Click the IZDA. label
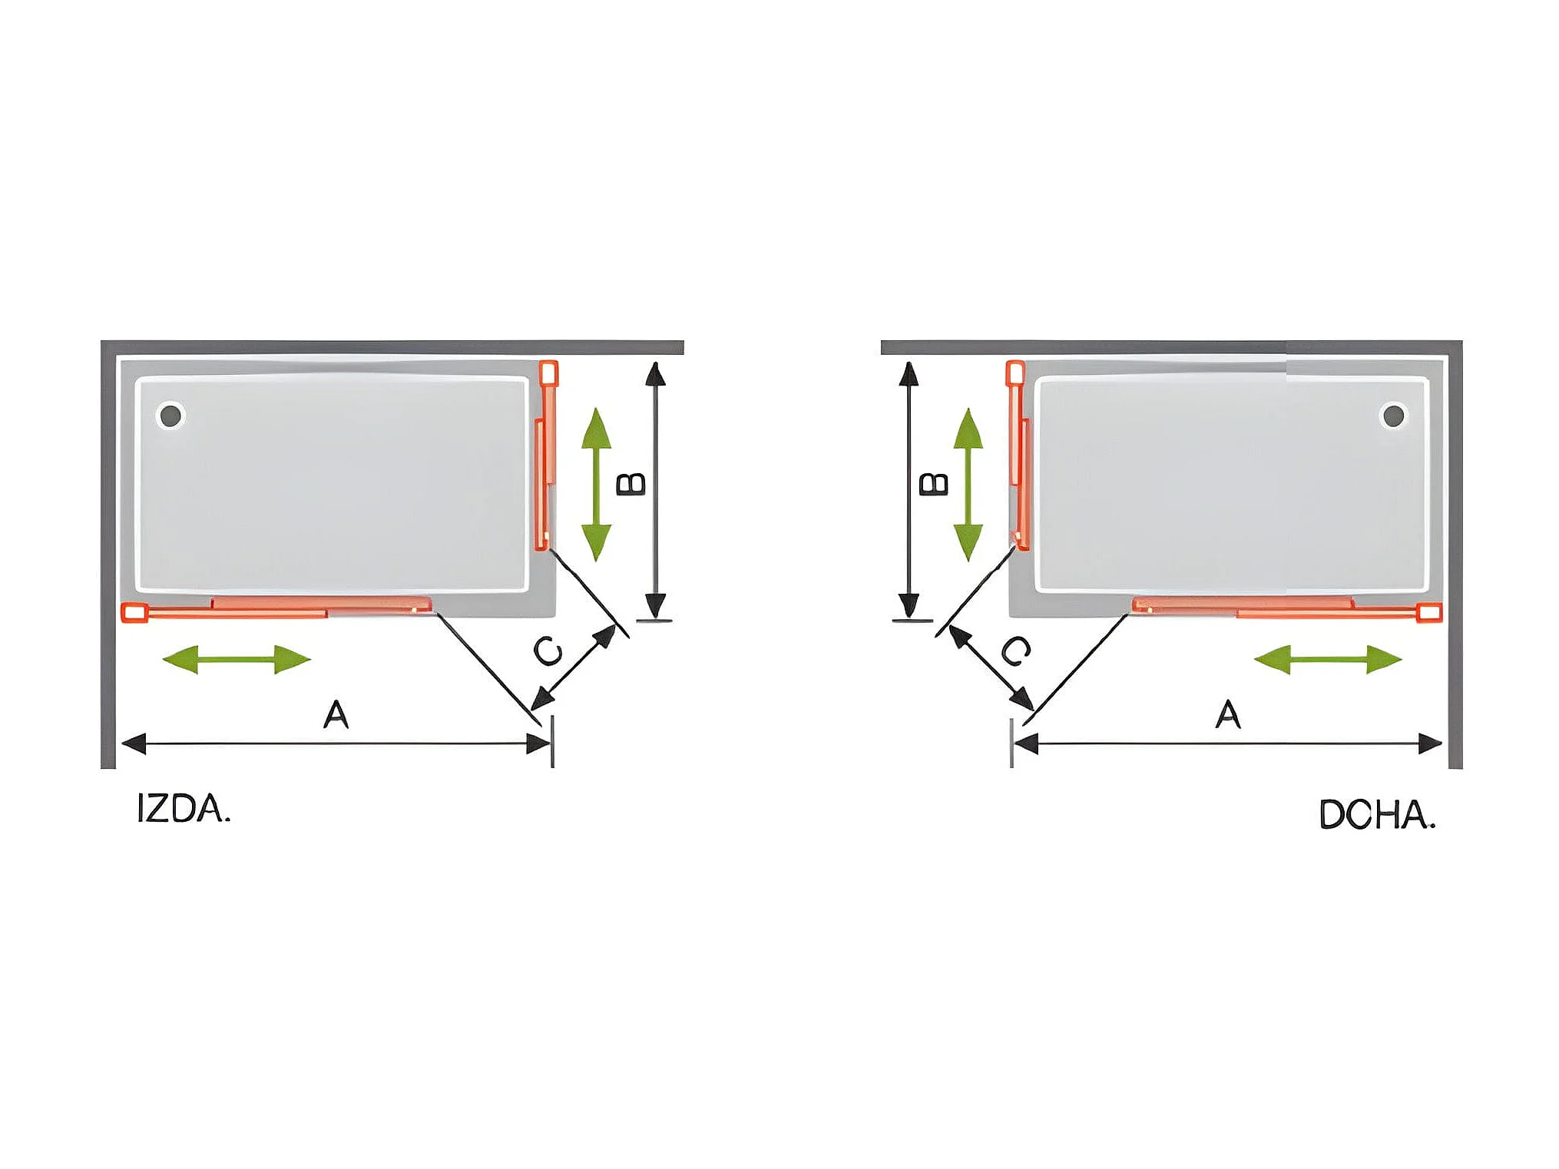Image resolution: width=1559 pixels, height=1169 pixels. click(x=184, y=809)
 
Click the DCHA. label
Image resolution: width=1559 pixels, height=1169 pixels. click(x=1376, y=815)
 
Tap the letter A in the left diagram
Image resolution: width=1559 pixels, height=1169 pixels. click(x=336, y=714)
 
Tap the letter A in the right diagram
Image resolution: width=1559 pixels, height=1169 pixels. click(x=1228, y=714)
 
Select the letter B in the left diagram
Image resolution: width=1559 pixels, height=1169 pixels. click(x=631, y=484)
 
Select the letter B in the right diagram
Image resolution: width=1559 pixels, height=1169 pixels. click(x=934, y=484)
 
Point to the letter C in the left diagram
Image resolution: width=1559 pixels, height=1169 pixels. click(x=548, y=651)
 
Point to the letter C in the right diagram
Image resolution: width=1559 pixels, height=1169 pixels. click(x=1015, y=651)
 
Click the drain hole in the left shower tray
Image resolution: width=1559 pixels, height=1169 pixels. click(x=170, y=416)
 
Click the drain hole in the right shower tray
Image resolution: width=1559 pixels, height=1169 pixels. click(x=1393, y=416)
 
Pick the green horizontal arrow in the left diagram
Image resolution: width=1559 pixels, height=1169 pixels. click(x=237, y=659)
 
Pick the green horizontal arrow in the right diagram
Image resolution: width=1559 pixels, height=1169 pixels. click(x=1328, y=659)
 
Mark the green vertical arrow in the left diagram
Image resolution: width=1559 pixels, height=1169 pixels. click(x=596, y=484)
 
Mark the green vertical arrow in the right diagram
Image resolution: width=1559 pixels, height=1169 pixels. click(x=968, y=484)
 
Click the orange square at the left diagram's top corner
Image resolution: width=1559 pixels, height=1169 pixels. click(x=548, y=373)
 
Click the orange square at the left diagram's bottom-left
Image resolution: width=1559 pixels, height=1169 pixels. click(x=134, y=612)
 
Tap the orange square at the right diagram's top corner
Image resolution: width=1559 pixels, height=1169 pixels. click(x=1015, y=373)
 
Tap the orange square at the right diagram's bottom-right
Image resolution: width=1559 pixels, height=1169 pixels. click(x=1430, y=612)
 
